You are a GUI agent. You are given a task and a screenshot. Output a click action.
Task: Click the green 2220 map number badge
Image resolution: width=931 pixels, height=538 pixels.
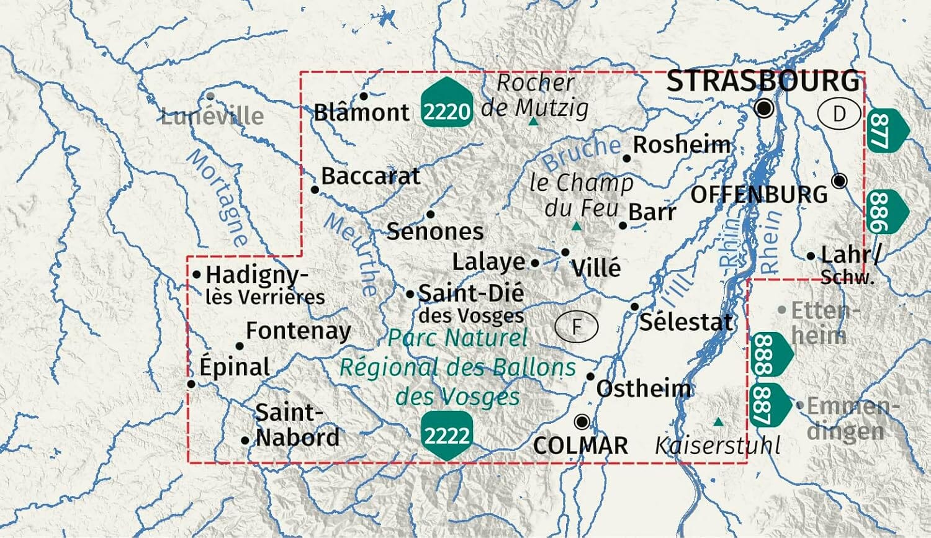pyautogui.click(x=446, y=103)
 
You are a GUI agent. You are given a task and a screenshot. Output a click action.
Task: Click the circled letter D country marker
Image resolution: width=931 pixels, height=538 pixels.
pyautogui.click(x=839, y=114)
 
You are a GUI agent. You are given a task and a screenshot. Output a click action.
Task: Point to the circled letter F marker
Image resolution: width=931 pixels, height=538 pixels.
pyautogui.click(x=577, y=326)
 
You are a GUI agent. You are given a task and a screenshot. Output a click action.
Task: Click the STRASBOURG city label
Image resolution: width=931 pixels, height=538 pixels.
pyautogui.click(x=763, y=81)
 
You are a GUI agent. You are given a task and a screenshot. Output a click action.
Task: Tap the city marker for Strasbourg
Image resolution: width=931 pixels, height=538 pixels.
pyautogui.click(x=765, y=109)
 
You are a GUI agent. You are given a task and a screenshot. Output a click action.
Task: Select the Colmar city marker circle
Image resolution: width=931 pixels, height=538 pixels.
pyautogui.click(x=582, y=422)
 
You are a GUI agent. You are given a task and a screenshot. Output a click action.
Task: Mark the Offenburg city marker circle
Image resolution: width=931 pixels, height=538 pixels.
pyautogui.click(x=839, y=181)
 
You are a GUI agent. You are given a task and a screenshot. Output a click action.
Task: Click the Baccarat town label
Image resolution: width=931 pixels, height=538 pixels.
pyautogui.click(x=371, y=176)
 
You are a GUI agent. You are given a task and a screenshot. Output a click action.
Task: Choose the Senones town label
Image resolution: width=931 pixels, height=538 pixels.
pyautogui.click(x=435, y=231)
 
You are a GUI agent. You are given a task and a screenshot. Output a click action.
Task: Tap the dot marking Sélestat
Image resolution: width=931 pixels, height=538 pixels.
pyautogui.click(x=634, y=307)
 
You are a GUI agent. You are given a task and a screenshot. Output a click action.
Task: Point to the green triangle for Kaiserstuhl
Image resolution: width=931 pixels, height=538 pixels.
pyautogui.click(x=718, y=422)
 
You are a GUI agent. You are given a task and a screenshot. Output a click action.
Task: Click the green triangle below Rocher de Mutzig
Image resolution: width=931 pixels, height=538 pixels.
pyautogui.click(x=533, y=122)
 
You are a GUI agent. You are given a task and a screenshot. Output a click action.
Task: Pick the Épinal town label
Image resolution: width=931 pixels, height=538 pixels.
pyautogui.click(x=235, y=367)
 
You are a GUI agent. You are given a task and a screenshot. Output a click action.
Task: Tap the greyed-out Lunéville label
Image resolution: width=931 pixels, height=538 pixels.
pyautogui.click(x=212, y=116)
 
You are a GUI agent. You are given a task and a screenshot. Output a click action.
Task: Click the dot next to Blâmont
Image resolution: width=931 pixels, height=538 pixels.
pyautogui.click(x=364, y=96)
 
